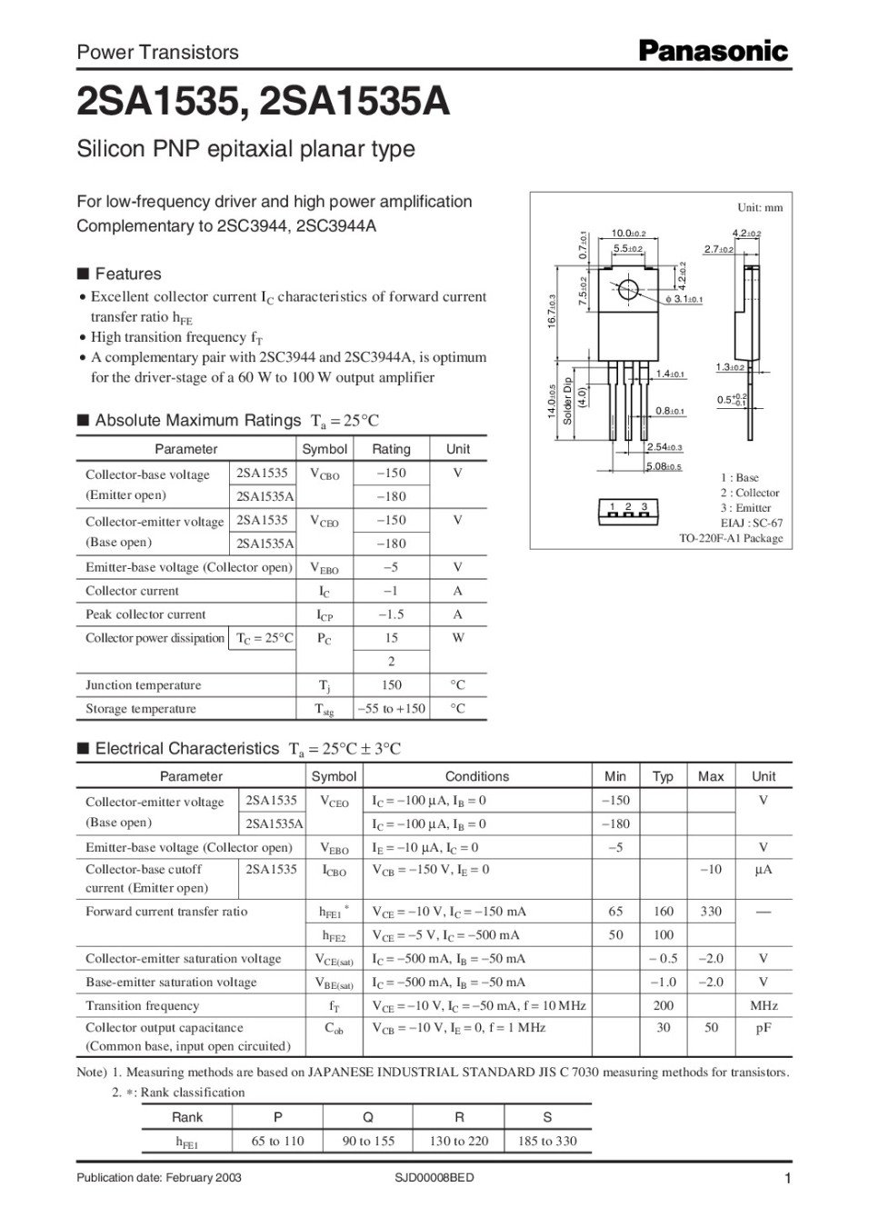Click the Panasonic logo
click(713, 51)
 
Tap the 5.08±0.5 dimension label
click(664, 466)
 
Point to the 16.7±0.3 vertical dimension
click(552, 311)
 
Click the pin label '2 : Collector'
click(750, 493)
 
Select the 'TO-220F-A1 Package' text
click(731, 538)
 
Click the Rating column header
click(391, 449)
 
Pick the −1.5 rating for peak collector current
click(391, 614)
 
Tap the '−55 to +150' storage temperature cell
click(391, 709)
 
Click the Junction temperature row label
click(144, 685)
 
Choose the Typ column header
click(663, 776)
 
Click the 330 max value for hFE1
click(711, 911)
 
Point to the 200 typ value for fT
click(663, 1005)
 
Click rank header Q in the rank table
click(368, 1117)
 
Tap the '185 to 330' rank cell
click(547, 1141)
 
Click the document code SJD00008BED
click(434, 1178)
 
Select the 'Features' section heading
click(128, 274)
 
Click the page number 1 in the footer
click(787, 1180)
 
